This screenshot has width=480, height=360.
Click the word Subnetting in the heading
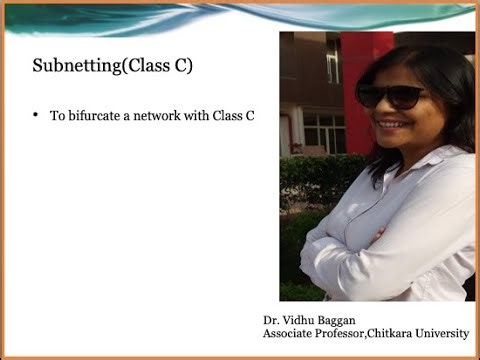71,67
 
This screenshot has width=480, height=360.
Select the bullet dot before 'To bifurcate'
36,115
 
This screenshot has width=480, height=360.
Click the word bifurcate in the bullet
95,116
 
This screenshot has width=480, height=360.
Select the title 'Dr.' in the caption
271,320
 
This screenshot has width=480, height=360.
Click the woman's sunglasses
390,97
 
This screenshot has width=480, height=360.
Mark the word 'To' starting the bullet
57,116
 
